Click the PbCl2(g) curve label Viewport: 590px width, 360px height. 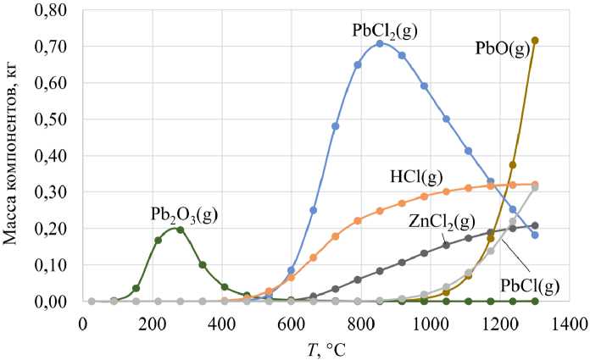pyautogui.click(x=385, y=31)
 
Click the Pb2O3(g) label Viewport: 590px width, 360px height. pyautogui.click(x=184, y=214)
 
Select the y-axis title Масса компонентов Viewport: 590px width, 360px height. pyautogui.click(x=12, y=156)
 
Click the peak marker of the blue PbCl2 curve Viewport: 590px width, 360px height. pyautogui.click(x=380, y=43)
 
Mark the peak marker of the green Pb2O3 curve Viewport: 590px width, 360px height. pyautogui.click(x=180, y=230)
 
